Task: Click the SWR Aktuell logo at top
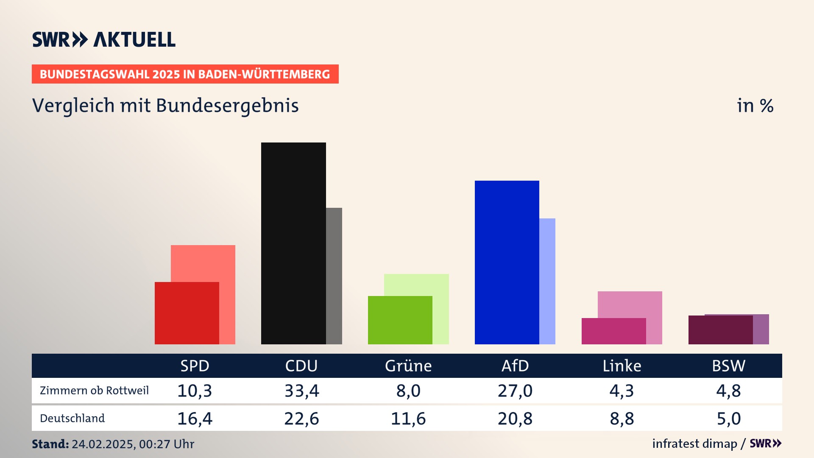click(104, 39)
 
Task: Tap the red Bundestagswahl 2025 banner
click(185, 74)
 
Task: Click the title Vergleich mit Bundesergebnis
click(165, 106)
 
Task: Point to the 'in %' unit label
click(755, 106)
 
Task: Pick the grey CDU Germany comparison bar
click(334, 276)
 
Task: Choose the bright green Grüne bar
click(400, 320)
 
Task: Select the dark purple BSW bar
click(720, 330)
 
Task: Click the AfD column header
click(515, 366)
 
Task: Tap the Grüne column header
click(408, 366)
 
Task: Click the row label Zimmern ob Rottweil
click(94, 391)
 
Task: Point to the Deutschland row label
click(72, 419)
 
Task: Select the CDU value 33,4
click(301, 391)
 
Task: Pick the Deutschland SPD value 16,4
click(195, 419)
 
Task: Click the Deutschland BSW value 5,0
click(729, 419)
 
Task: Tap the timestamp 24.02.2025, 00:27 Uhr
click(133, 444)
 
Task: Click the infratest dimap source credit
click(694, 444)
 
